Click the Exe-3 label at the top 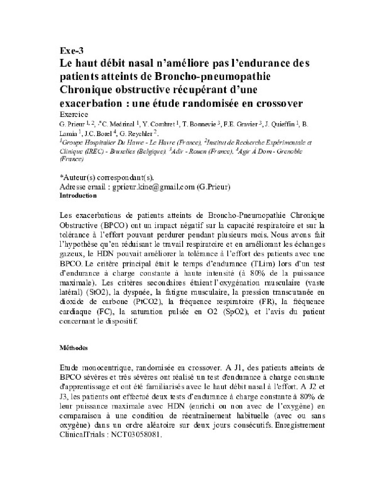pyautogui.click(x=72, y=51)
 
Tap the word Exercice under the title pyautogui.click(x=74, y=114)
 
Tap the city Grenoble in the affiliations pyautogui.click(x=288, y=151)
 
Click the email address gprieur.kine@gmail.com pyautogui.click(x=153, y=187)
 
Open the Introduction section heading pyautogui.click(x=78, y=196)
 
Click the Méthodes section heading pyautogui.click(x=74, y=348)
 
